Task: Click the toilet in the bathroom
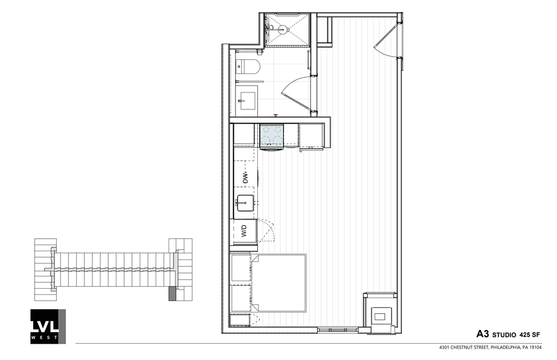[x=250, y=67]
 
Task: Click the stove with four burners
[x=272, y=136]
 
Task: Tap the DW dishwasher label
[x=245, y=177]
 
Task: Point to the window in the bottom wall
[x=338, y=329]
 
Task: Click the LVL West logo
[x=48, y=326]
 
